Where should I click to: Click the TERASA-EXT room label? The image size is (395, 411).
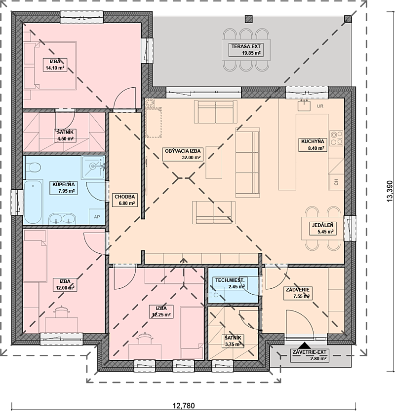(x=246, y=50)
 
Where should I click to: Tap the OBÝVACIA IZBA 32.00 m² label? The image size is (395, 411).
(x=183, y=154)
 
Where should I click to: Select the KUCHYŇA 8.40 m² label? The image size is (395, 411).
(x=313, y=145)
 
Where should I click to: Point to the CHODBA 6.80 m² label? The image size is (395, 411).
(x=125, y=200)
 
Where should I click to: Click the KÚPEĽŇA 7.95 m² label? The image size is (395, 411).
(x=64, y=188)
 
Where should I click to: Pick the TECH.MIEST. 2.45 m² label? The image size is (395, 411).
(x=230, y=283)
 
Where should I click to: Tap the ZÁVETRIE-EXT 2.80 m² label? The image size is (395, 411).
(x=310, y=355)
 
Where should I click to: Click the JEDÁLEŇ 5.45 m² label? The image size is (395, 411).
(x=322, y=228)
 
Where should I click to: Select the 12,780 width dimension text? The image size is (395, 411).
(x=184, y=406)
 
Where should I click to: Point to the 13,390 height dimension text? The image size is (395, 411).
(x=390, y=191)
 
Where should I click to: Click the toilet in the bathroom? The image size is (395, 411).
(x=33, y=167)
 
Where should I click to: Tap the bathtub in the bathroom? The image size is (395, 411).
(x=33, y=202)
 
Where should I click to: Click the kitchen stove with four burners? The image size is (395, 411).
(x=336, y=138)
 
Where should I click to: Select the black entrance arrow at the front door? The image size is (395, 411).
(x=305, y=345)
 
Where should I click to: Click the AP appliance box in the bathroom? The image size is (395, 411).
(x=97, y=217)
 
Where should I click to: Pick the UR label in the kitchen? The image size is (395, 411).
(x=320, y=106)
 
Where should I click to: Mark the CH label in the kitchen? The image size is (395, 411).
(x=336, y=182)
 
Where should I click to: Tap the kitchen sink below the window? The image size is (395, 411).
(x=304, y=105)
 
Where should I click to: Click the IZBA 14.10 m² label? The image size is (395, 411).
(x=55, y=65)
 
